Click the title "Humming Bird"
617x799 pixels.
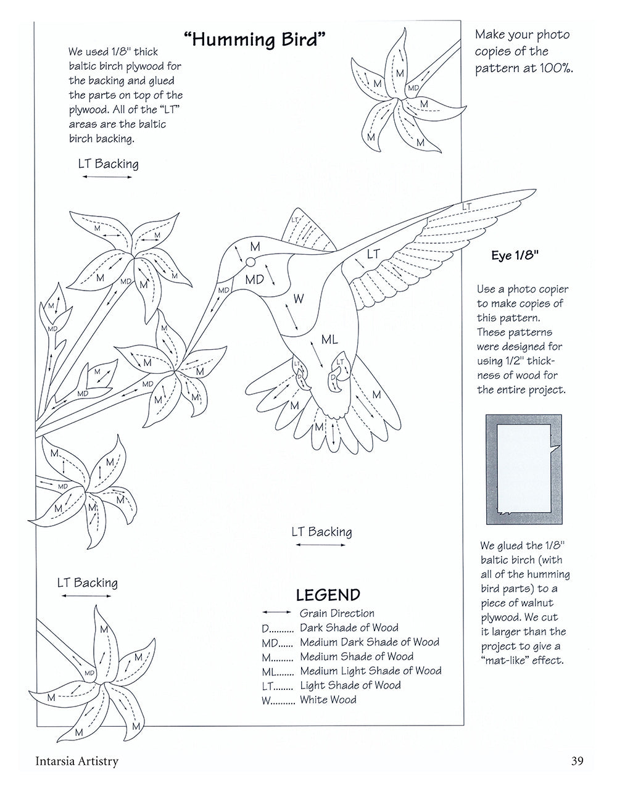point(255,41)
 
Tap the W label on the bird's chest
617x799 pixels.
point(298,299)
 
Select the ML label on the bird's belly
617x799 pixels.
point(329,339)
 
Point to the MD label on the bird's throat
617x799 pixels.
point(254,279)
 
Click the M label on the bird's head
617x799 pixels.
point(254,247)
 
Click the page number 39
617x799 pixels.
point(578,761)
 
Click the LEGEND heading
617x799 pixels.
point(328,595)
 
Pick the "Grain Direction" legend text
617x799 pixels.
point(337,613)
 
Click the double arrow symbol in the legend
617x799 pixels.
point(276,613)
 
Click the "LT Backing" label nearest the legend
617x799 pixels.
point(321,532)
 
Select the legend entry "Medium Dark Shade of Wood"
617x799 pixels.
point(369,642)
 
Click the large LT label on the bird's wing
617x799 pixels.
point(373,254)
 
